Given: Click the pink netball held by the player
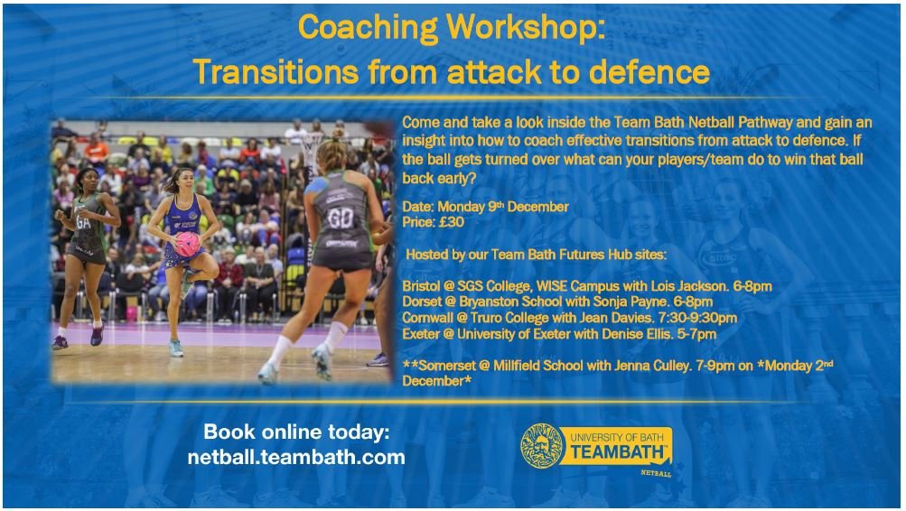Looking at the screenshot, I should point(188,243).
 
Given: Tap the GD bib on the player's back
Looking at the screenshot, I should point(341,219).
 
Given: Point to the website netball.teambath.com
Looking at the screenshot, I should point(296,457).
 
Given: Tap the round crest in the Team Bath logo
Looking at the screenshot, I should point(542,446).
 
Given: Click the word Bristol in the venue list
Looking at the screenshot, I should point(422,286).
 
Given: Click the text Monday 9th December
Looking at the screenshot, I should point(502,207).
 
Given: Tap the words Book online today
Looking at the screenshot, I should point(296,431).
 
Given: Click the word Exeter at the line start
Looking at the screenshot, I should point(420,334).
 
